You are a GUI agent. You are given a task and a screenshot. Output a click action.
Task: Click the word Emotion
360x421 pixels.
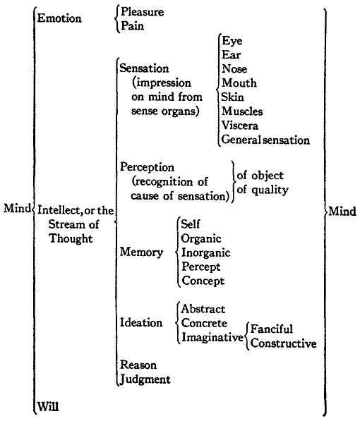click(59, 18)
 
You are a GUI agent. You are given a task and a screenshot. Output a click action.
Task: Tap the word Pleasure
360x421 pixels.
click(142, 12)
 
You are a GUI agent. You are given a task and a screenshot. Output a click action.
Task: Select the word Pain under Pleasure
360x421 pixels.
click(132, 26)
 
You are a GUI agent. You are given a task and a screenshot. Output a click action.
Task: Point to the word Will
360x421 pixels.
click(47, 406)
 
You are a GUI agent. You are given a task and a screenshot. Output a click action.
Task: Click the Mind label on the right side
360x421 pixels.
click(342, 212)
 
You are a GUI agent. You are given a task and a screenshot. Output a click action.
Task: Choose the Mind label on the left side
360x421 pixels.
click(17, 208)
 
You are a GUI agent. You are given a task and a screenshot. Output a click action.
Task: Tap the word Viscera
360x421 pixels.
click(240, 126)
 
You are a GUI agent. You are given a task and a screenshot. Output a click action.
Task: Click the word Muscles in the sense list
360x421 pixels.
click(242, 111)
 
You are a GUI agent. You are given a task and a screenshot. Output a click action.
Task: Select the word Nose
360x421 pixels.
click(234, 68)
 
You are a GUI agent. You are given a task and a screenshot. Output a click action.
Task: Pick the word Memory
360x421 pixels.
click(141, 252)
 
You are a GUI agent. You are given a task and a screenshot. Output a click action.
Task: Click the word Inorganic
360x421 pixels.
click(206, 252)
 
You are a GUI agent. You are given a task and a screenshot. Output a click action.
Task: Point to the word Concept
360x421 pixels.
click(203, 281)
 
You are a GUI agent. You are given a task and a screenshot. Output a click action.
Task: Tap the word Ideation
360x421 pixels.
click(141, 322)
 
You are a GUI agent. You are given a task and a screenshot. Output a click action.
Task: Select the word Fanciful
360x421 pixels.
click(272, 329)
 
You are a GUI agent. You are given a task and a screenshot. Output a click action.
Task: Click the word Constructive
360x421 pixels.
click(283, 343)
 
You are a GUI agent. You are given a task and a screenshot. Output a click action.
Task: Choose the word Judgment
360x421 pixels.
click(145, 379)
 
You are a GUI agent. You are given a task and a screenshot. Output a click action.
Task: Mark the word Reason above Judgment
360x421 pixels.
click(138, 365)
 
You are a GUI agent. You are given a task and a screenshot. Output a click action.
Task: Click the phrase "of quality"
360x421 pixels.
click(263, 190)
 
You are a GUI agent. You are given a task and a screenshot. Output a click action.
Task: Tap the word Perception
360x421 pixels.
click(147, 167)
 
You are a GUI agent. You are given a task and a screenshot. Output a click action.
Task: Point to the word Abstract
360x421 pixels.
click(203, 309)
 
